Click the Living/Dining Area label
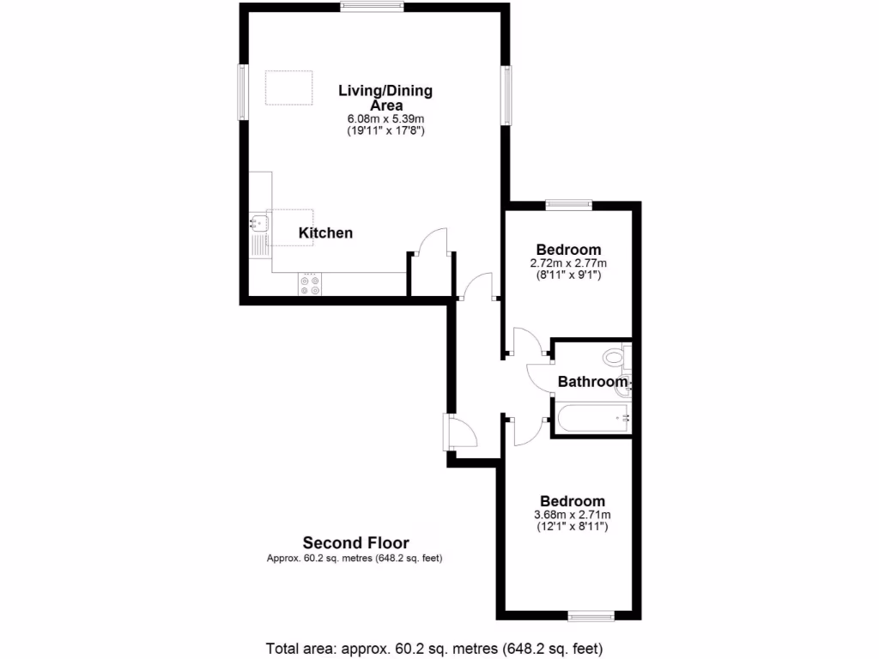click(385, 97)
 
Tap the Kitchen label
click(325, 233)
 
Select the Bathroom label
click(593, 382)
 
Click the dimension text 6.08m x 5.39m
click(385, 119)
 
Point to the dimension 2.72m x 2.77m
click(569, 263)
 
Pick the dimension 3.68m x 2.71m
click(571, 515)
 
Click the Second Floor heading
click(355, 542)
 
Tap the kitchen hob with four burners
click(310, 285)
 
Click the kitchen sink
click(258, 224)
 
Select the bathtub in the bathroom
click(593, 418)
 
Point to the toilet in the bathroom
click(615, 356)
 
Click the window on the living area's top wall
click(371, 7)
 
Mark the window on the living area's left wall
click(243, 92)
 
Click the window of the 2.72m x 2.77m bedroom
click(568, 203)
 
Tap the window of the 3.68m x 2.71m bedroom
click(591, 615)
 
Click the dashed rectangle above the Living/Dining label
click(288, 88)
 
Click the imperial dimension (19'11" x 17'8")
click(385, 131)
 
